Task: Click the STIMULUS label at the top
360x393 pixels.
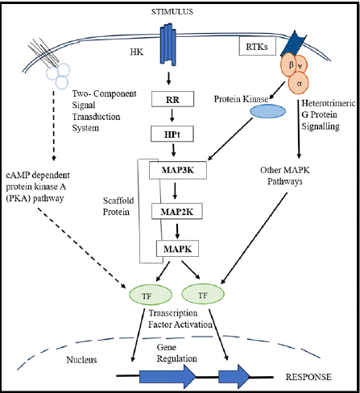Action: pos(172,11)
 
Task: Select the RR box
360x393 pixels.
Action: pos(172,99)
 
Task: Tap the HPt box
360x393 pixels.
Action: pos(172,134)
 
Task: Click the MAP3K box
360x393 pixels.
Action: pos(178,170)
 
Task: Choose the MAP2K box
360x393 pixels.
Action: pos(177,212)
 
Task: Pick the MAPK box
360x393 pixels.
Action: pos(178,249)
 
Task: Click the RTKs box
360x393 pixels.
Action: pos(258,47)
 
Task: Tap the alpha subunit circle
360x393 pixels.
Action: pos(298,83)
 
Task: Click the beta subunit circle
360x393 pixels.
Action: pos(288,65)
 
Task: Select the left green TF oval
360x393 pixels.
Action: pos(151,295)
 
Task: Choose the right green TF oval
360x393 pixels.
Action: pos(203,294)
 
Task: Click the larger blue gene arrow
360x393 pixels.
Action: pos(168,377)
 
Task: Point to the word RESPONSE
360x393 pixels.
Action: pos(308,377)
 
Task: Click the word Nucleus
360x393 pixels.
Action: pos(81,360)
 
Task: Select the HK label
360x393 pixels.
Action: pos(137,52)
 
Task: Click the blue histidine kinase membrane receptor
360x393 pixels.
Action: pos(168,44)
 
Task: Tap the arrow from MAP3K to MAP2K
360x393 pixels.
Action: pos(175,191)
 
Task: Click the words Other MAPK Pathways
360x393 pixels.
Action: pos(285,176)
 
